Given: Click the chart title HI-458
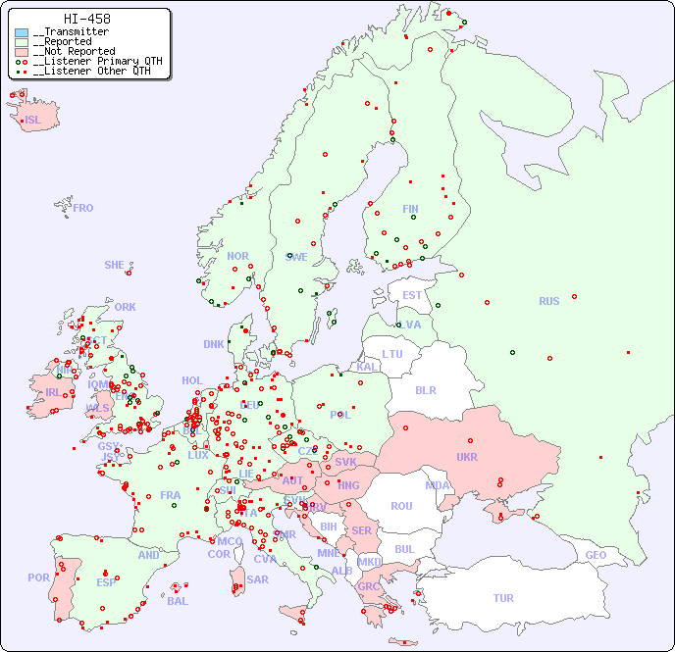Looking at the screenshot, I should click(86, 19).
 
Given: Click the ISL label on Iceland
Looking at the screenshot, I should click(33, 121).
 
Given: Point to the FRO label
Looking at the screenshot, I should click(83, 208).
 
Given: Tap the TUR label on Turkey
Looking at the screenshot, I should click(503, 598).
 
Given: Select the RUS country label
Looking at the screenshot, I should click(548, 301).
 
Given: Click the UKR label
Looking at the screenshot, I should click(467, 457).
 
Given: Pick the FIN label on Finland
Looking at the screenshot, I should click(410, 209).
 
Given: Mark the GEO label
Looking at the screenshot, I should click(596, 555).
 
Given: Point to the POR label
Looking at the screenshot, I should click(38, 577).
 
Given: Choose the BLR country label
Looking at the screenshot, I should click(425, 390).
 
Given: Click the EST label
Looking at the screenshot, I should click(412, 295).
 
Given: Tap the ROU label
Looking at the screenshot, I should click(401, 506).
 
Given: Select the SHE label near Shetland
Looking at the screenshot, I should click(115, 265).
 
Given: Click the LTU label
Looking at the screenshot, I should click(392, 354).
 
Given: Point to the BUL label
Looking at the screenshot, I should click(404, 549).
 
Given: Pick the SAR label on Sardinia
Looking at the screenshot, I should click(258, 579).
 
